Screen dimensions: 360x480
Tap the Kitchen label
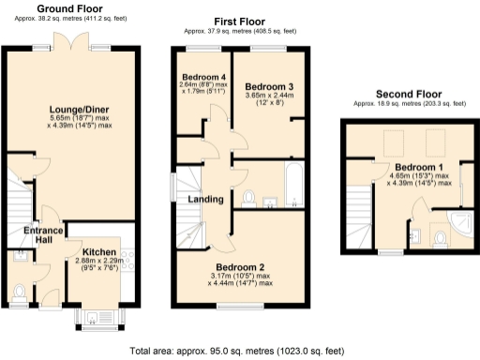(x=99, y=253)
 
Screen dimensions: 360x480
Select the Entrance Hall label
(x=44, y=236)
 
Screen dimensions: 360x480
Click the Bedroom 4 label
(x=202, y=76)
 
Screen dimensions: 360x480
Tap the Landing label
(x=206, y=199)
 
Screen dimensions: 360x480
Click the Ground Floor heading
(x=70, y=8)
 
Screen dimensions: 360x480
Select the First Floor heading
(x=238, y=21)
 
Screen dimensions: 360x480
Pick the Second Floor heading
(x=408, y=94)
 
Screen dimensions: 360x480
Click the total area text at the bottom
(x=240, y=352)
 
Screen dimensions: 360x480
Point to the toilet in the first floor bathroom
(x=248, y=196)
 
